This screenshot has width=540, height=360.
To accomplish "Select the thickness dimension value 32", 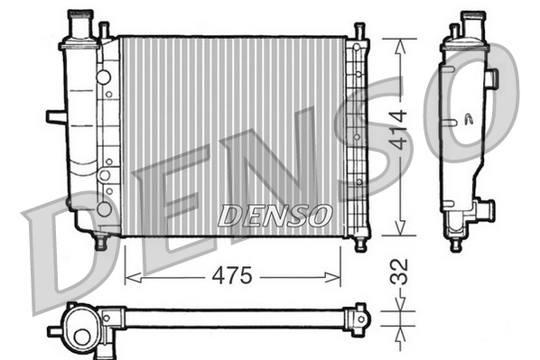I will coord(399,272).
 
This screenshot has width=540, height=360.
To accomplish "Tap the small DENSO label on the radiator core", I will coord(275,215).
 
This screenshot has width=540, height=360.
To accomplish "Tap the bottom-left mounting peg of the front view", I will coord(100,242).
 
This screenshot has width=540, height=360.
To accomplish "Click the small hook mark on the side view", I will coord(469,117).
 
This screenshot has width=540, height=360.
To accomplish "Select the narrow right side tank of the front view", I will coord(355,135).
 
